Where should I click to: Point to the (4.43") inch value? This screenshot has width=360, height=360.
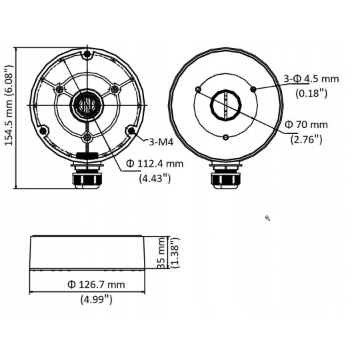pyautogui.click(x=153, y=178)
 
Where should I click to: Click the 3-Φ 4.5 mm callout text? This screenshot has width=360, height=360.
pyautogui.click(x=311, y=79)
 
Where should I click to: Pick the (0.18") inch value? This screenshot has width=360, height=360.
pyautogui.click(x=311, y=93)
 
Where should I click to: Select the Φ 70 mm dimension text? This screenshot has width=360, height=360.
pyautogui.click(x=307, y=125)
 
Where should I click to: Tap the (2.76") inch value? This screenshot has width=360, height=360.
pyautogui.click(x=306, y=139)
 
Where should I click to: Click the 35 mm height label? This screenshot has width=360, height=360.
pyautogui.click(x=161, y=254)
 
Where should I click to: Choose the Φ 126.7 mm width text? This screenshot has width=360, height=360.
pyautogui.click(x=96, y=285)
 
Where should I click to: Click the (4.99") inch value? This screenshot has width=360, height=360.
pyautogui.click(x=96, y=299)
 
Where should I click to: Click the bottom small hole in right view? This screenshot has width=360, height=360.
pyautogui.click(x=225, y=137)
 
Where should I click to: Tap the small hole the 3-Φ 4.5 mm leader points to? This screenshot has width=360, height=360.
pyautogui.click(x=253, y=89)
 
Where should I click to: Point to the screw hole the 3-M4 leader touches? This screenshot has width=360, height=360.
pyautogui.click(x=130, y=129)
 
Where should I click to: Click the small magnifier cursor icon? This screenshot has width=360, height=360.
pyautogui.click(x=267, y=218)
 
